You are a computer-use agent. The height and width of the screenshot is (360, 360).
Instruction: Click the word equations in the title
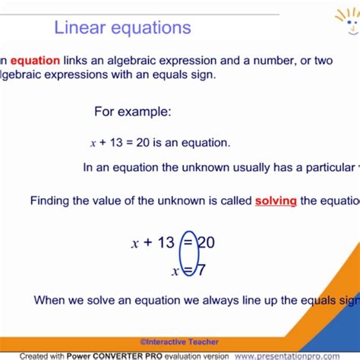tap(150, 29)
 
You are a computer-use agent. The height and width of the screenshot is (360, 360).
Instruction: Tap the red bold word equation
tap(35, 61)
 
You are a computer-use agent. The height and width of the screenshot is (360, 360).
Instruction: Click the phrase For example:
tap(133, 112)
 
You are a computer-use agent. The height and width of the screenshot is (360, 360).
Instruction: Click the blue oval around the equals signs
tap(188, 254)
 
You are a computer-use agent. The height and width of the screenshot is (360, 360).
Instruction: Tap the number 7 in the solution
tap(201, 270)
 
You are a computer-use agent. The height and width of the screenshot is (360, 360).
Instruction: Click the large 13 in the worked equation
tap(166, 242)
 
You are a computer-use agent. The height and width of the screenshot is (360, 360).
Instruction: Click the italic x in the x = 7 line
tap(175, 270)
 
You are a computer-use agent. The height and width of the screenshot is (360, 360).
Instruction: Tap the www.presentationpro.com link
tap(297, 355)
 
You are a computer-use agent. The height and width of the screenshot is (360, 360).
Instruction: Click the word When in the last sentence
tap(52, 300)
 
